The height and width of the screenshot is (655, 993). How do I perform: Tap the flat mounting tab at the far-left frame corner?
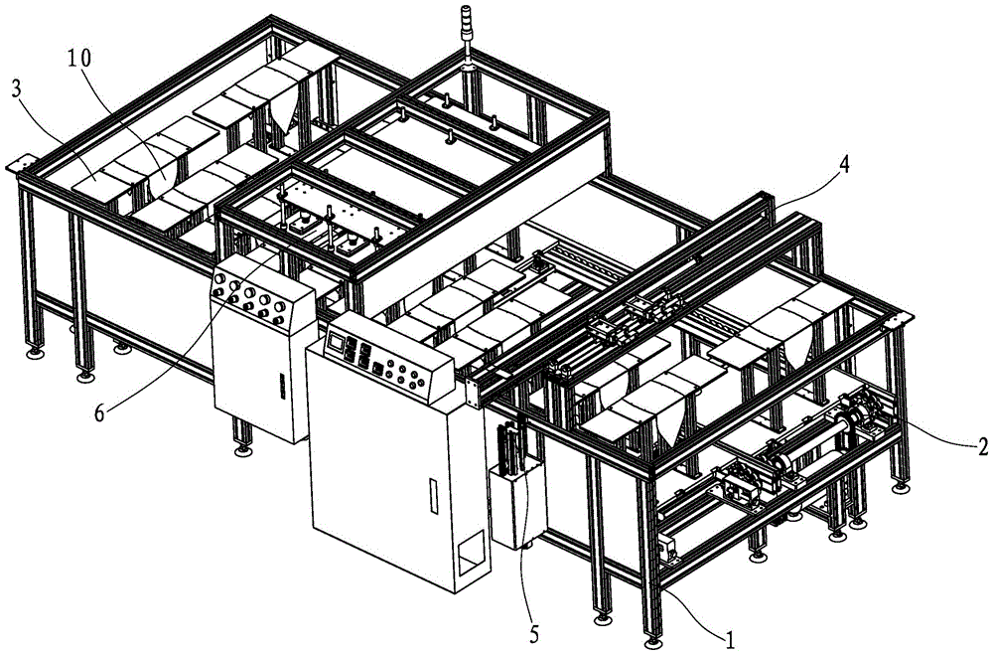(x=23, y=165)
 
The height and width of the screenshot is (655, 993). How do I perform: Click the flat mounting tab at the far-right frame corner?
(x=900, y=318)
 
